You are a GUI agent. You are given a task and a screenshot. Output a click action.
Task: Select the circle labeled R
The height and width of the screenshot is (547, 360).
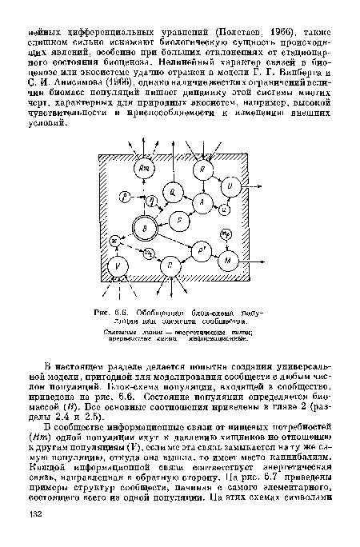(204, 170)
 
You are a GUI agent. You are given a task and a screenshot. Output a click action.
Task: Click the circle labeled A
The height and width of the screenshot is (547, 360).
(204, 205)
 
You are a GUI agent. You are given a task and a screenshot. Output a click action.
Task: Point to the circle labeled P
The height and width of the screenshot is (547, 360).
(181, 222)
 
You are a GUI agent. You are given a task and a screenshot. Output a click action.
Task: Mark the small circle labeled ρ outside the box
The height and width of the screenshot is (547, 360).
(124, 197)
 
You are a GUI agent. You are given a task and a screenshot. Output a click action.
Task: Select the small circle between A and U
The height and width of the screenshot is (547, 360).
(224, 210)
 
